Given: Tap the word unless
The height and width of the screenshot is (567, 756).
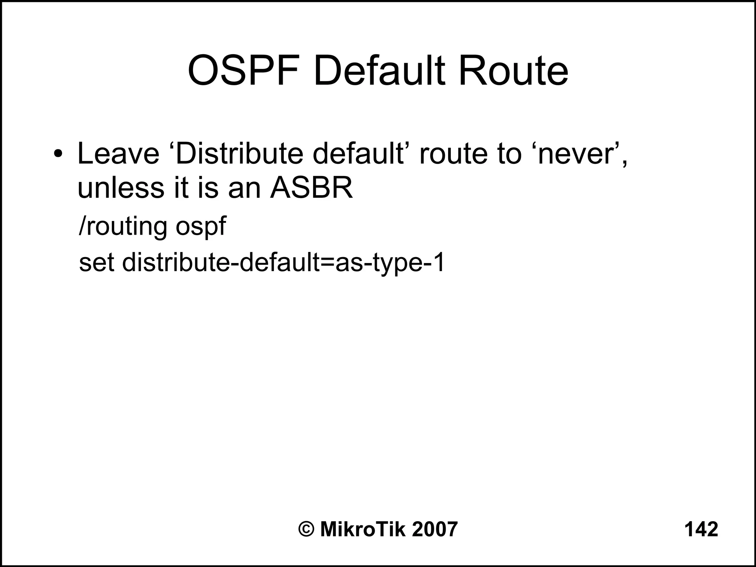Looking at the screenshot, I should (120, 188).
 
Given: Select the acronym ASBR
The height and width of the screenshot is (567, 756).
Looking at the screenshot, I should (311, 188).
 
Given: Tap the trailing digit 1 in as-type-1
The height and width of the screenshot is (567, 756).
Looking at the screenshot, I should (439, 263).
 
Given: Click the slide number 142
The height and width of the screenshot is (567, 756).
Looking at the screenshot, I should (701, 529).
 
